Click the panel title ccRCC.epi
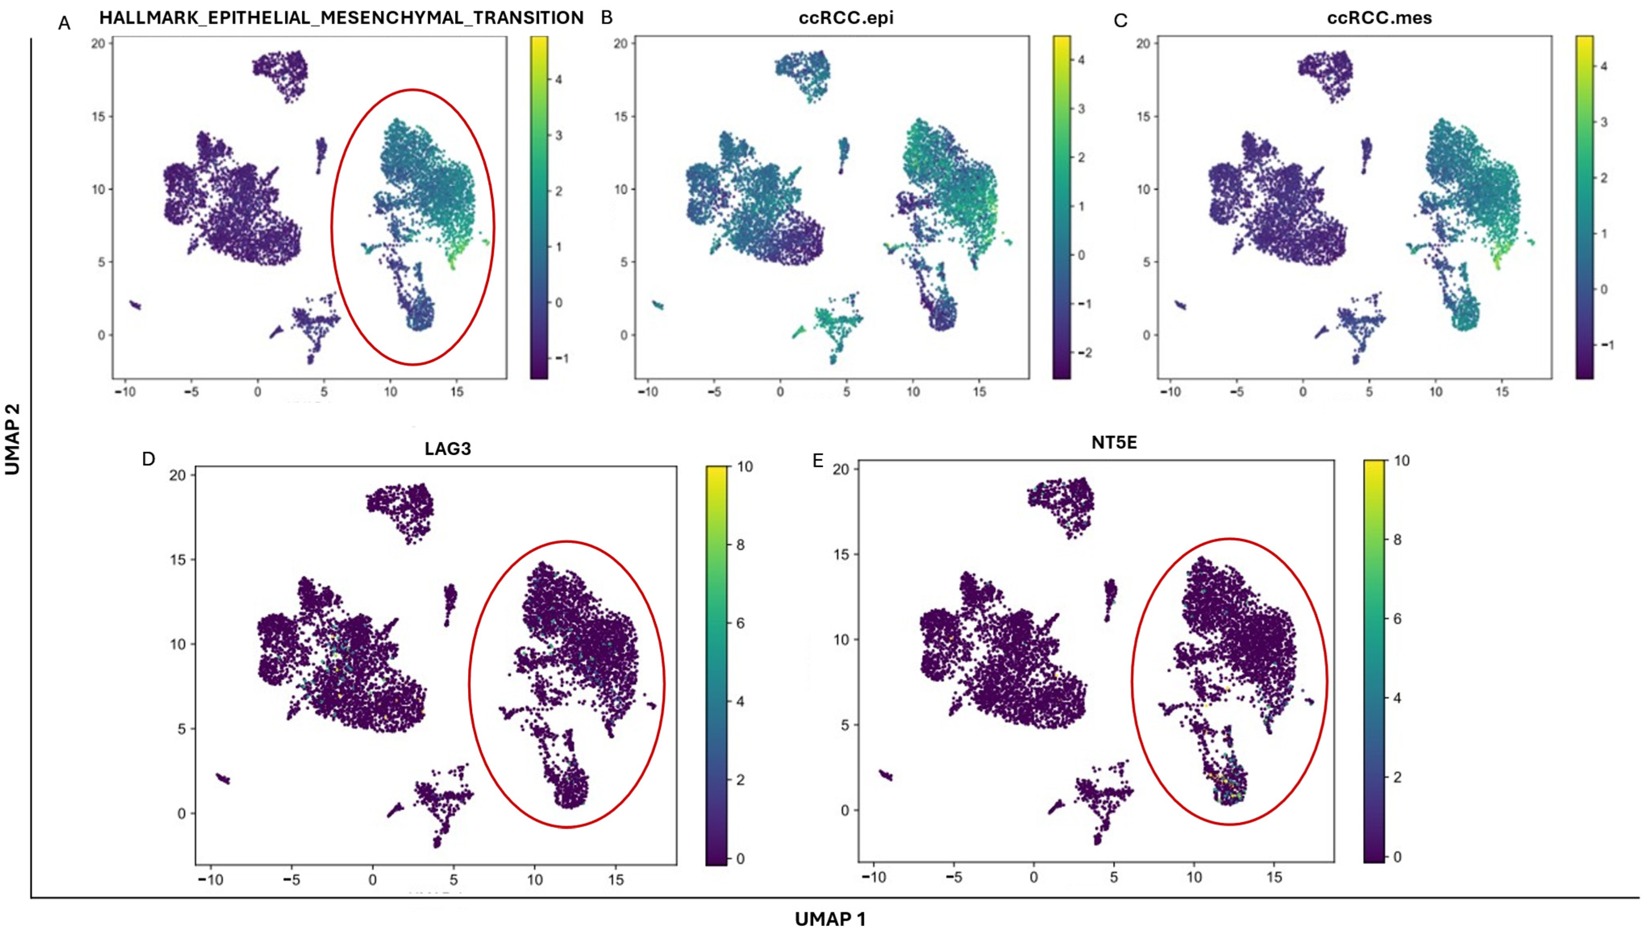tap(845, 18)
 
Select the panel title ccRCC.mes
tap(1379, 18)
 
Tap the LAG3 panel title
tap(448, 449)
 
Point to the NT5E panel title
tap(1114, 443)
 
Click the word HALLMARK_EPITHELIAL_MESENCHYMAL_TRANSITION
tap(341, 18)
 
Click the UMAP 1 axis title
tap(830, 919)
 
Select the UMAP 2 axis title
tap(12, 439)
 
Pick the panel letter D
tap(149, 459)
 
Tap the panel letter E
tap(818, 461)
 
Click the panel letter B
tap(607, 18)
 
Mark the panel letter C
tap(1121, 21)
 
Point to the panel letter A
tap(64, 24)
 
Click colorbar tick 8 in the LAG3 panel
tap(740, 545)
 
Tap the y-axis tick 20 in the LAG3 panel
tap(178, 475)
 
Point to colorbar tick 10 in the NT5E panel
tap(1402, 461)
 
